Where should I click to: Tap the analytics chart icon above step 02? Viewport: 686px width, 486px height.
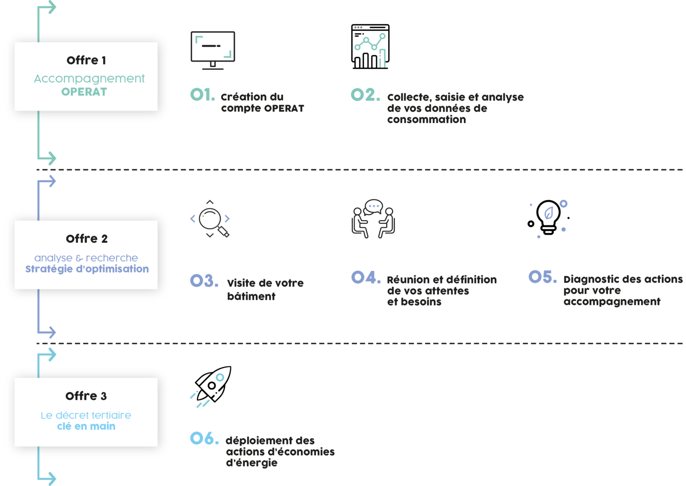tap(370, 46)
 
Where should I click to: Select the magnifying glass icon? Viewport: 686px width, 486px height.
tap(210, 219)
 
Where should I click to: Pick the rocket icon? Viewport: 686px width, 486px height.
tap(211, 386)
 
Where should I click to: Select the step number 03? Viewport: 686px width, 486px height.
tap(204, 281)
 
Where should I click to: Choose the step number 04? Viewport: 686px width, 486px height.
tap(366, 277)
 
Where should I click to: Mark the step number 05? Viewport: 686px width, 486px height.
tap(542, 277)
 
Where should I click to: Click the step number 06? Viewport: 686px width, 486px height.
tap(204, 438)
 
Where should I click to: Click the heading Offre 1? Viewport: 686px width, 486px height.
tap(86, 60)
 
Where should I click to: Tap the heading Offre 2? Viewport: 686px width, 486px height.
tap(87, 239)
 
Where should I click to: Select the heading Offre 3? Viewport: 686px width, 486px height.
tap(86, 396)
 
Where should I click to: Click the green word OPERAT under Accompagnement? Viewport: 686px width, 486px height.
tap(84, 92)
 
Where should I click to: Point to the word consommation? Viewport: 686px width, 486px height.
tap(427, 119)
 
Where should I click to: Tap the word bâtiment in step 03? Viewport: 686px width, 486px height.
tap(251, 296)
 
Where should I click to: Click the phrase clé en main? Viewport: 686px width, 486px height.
tap(86, 426)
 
